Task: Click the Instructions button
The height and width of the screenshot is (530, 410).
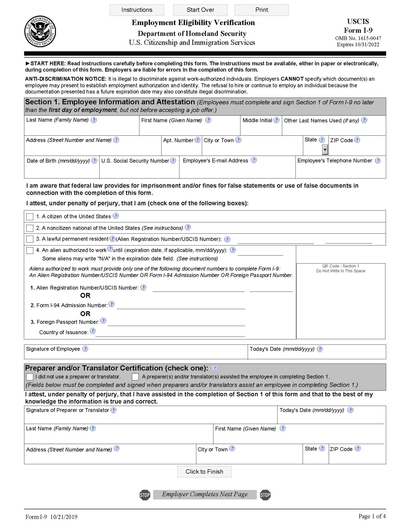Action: point(137,10)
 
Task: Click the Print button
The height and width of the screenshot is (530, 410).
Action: point(261,10)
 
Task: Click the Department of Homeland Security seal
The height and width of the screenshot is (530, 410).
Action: point(40,31)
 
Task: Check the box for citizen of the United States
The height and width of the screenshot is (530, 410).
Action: point(30,217)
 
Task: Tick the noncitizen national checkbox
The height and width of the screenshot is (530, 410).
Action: point(30,228)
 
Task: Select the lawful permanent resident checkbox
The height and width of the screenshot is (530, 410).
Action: point(30,239)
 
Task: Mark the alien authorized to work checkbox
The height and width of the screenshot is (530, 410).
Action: point(30,250)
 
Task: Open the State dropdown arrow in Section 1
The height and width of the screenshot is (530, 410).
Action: point(325,149)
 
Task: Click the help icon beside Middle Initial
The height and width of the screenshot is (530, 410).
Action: point(276,120)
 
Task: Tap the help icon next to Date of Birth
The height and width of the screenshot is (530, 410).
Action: point(95,160)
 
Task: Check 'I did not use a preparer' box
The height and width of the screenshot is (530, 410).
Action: point(30,377)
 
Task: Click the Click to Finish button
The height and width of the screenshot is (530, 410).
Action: point(204,472)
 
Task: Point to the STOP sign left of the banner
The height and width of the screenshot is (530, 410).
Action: point(145,495)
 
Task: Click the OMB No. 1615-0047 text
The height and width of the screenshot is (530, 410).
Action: point(358,38)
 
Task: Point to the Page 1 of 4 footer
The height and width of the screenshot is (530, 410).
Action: point(372,516)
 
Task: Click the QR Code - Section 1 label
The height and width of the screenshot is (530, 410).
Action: point(341,266)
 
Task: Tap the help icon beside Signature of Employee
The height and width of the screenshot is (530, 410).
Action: point(85,349)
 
